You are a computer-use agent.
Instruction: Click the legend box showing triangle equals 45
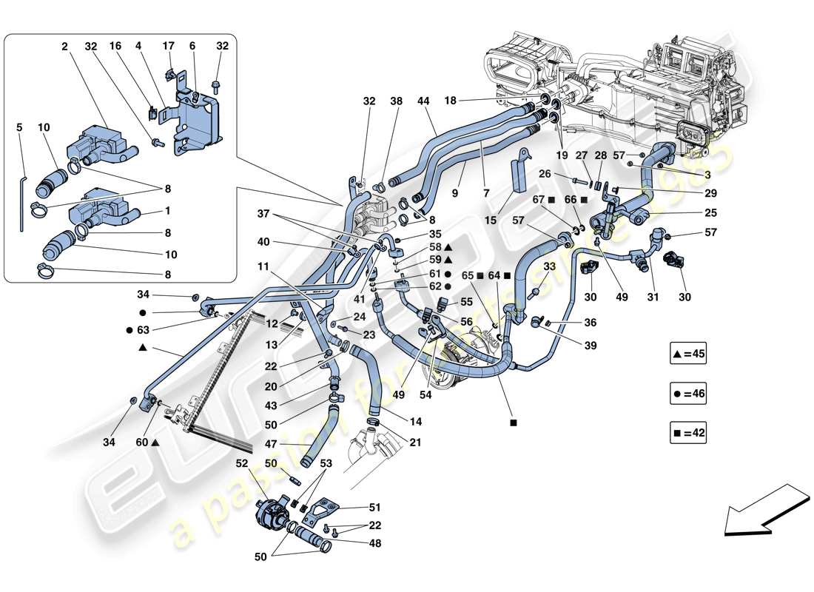(x=689, y=354)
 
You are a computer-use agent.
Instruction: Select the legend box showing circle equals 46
(x=689, y=394)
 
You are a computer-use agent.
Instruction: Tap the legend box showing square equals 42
(x=689, y=434)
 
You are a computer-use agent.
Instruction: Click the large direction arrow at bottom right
(x=765, y=510)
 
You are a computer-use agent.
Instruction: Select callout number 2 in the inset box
(x=65, y=45)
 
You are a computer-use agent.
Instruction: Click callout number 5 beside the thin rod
(x=20, y=126)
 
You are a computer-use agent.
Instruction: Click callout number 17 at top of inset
(x=169, y=45)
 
